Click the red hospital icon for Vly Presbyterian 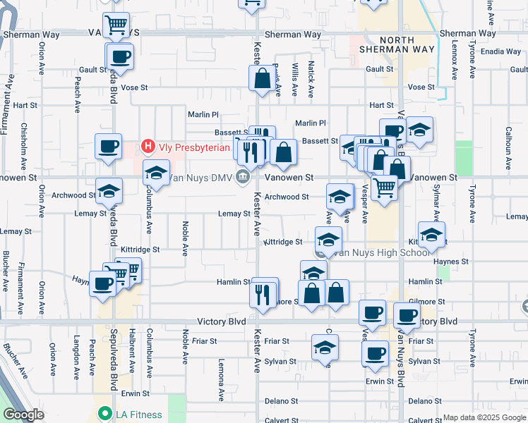click(x=148, y=147)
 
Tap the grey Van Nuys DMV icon click(x=244, y=177)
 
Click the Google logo click(x=23, y=415)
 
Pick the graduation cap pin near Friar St click(x=325, y=347)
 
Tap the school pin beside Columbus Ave click(x=156, y=173)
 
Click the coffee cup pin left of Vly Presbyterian click(x=108, y=147)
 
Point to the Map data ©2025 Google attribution click(x=484, y=417)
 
